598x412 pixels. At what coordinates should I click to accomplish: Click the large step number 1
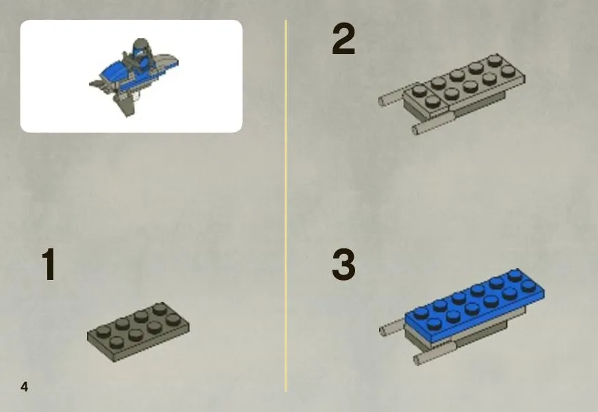point(49,264)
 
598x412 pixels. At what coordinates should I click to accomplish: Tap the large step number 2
point(343,38)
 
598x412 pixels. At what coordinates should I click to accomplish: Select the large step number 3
point(343,264)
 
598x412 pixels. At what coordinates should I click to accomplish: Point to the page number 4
point(25,387)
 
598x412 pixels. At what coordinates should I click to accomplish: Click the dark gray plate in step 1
point(138,331)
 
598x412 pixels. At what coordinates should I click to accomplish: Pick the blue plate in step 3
point(475,305)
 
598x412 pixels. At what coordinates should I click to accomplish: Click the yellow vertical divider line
point(285,206)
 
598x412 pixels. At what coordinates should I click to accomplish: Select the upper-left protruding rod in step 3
point(393,327)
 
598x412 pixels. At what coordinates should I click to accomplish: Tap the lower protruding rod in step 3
point(434,354)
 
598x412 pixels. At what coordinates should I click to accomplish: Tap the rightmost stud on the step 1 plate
point(174,319)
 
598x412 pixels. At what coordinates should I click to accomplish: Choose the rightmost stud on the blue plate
point(528,285)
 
